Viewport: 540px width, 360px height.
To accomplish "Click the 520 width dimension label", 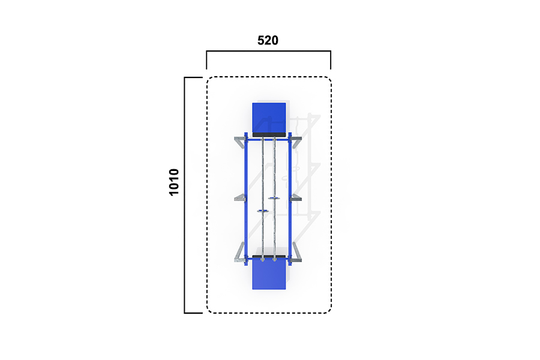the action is click(268, 40).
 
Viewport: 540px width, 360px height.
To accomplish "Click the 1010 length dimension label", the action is click(174, 182).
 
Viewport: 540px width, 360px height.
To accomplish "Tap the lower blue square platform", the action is click(269, 275).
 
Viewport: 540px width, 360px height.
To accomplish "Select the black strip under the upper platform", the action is click(269, 134).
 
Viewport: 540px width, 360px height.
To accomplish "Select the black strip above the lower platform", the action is click(269, 257).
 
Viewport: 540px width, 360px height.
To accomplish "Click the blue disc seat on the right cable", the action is click(274, 198).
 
